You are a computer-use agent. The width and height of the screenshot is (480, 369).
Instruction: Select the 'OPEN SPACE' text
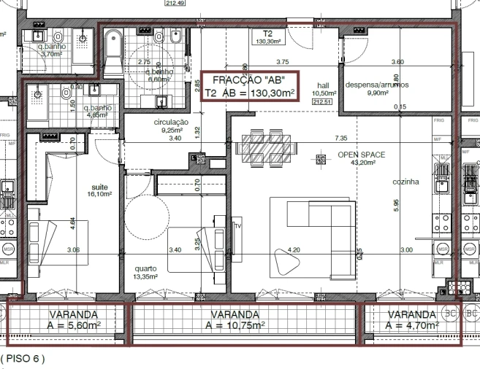coord(361,155)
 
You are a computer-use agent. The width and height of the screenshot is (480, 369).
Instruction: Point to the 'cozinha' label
coord(405,182)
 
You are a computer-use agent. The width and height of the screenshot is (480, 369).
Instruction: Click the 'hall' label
coord(323,85)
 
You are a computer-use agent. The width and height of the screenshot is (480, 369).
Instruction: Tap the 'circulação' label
coord(172,122)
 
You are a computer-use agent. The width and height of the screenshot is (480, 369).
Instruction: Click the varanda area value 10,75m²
coord(235,326)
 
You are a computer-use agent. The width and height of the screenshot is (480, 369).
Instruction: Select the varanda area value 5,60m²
coord(72,326)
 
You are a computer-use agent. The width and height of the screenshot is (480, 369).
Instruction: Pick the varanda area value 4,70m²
coord(411,326)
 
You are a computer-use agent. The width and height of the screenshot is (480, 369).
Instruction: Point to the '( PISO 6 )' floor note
coord(23,359)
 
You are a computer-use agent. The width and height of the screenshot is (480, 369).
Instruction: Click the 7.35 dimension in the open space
coord(340,138)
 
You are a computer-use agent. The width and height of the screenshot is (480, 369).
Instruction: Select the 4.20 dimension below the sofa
coord(294,250)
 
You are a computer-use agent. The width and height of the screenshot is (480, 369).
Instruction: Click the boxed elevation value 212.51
coord(322,102)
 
